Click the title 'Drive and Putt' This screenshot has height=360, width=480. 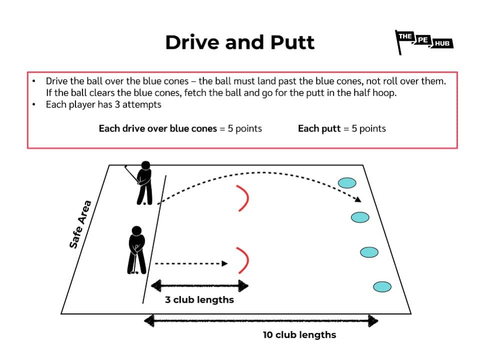point(240,42)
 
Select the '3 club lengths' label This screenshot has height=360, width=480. point(199,300)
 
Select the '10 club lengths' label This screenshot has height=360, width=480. point(299,335)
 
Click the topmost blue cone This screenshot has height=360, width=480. point(346,183)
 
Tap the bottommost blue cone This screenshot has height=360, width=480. point(382,287)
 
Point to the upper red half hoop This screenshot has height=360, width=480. point(243,198)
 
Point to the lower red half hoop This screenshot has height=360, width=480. point(243,261)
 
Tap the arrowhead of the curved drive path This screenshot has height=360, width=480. point(358,200)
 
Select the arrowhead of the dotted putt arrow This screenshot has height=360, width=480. point(225,263)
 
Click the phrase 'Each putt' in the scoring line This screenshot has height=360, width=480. point(315,128)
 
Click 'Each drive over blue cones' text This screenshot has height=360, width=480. point(158,128)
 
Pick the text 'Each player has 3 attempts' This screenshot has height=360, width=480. point(103,105)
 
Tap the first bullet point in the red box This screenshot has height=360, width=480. point(33,81)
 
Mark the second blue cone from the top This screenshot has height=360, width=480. point(360,217)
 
